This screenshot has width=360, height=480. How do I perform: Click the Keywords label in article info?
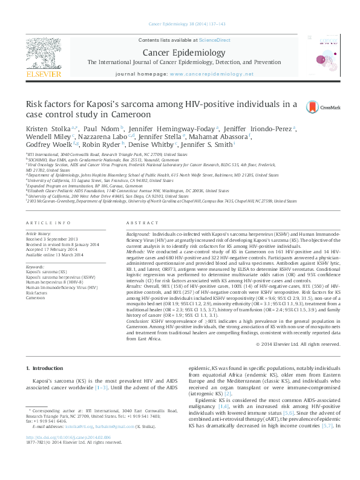pos(35,267)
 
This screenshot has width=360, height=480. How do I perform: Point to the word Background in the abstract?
pos(138,233)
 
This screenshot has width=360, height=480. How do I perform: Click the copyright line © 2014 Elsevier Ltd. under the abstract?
pos(303,343)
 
